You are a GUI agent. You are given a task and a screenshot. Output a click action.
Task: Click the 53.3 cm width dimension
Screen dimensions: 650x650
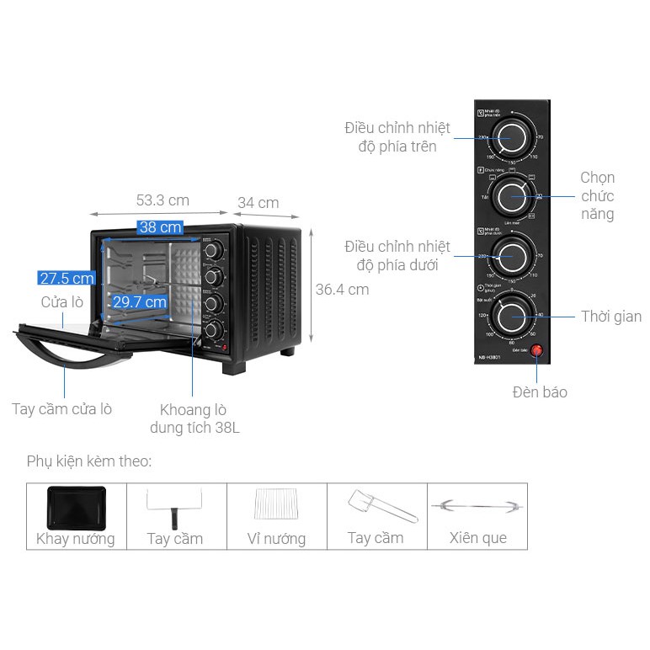click(162, 200)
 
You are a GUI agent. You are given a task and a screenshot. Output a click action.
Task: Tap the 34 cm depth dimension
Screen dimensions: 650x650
click(258, 203)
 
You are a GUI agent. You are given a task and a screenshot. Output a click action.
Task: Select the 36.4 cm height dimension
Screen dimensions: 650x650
click(342, 290)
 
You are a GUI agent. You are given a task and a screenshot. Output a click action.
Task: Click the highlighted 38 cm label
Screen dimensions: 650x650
click(160, 227)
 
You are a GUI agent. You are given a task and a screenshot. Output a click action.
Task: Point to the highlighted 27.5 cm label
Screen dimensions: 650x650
click(66, 279)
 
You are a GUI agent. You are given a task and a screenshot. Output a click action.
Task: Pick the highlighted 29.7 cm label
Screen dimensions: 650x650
click(139, 301)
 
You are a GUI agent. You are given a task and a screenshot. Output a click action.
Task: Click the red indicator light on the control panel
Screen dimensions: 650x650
click(535, 351)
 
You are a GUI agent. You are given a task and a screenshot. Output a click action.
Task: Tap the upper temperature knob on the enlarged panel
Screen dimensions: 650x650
click(512, 136)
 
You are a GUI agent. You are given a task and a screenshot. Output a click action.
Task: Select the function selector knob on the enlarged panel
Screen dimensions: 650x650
click(512, 196)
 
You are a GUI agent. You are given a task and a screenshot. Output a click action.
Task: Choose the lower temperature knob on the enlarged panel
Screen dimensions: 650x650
click(512, 256)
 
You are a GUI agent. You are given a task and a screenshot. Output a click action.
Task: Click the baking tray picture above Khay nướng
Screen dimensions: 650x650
click(76, 507)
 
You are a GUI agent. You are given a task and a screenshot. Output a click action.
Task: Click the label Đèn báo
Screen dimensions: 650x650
click(540, 392)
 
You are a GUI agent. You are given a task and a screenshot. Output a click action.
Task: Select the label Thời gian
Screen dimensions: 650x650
click(610, 317)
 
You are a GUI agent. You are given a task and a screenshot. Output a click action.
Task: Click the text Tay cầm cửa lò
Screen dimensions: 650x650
click(61, 409)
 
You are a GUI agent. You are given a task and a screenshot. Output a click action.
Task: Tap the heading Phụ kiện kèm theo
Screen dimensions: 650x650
click(89, 461)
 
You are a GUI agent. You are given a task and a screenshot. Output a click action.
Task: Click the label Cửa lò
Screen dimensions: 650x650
click(62, 302)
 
